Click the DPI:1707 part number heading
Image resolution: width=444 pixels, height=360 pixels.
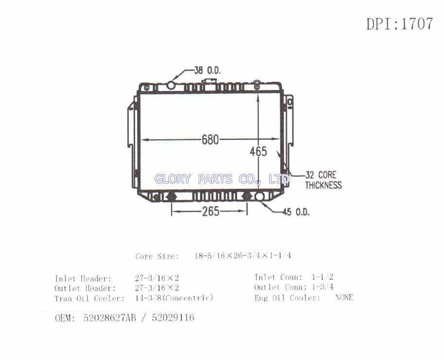click(x=400, y=24)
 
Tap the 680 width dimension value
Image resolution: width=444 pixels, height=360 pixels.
click(x=211, y=140)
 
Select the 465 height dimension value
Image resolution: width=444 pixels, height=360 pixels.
click(x=258, y=151)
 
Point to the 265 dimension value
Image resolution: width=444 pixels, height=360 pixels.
click(x=211, y=211)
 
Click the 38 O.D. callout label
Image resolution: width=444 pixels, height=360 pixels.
click(x=207, y=70)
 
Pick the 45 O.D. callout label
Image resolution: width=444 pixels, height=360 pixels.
click(x=296, y=212)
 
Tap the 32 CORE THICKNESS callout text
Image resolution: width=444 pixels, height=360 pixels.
click(x=324, y=180)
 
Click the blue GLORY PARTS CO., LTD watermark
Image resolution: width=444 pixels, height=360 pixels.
click(x=222, y=179)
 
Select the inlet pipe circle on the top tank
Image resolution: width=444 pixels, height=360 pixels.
click(x=171, y=85)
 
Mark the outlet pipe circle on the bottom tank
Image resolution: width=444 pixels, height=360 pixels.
click(x=259, y=197)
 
